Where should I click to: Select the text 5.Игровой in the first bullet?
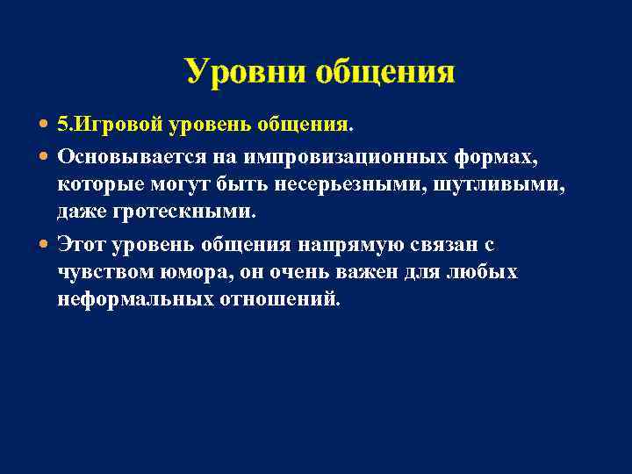(x=110, y=125)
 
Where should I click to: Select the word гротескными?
(x=191, y=212)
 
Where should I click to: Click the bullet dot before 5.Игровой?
(x=45, y=125)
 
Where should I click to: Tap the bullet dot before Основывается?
(x=45, y=155)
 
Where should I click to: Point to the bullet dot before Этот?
(x=45, y=244)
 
